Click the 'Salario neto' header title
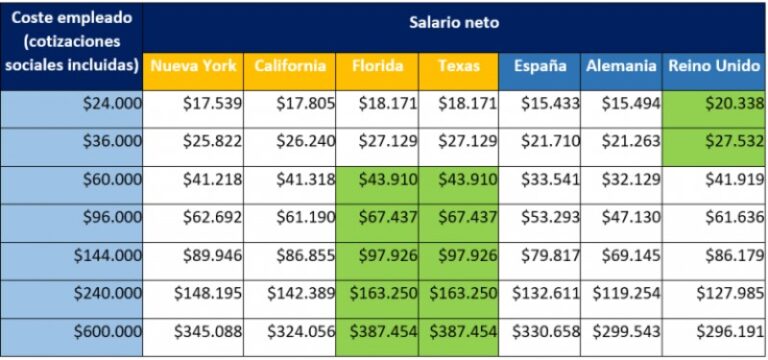(x=453, y=22)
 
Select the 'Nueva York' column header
(x=193, y=66)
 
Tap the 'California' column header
(x=290, y=66)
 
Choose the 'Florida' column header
(x=377, y=66)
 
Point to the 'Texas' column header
(x=458, y=66)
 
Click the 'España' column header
(x=540, y=66)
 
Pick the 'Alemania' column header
(x=621, y=66)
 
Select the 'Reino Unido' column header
(x=714, y=66)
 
